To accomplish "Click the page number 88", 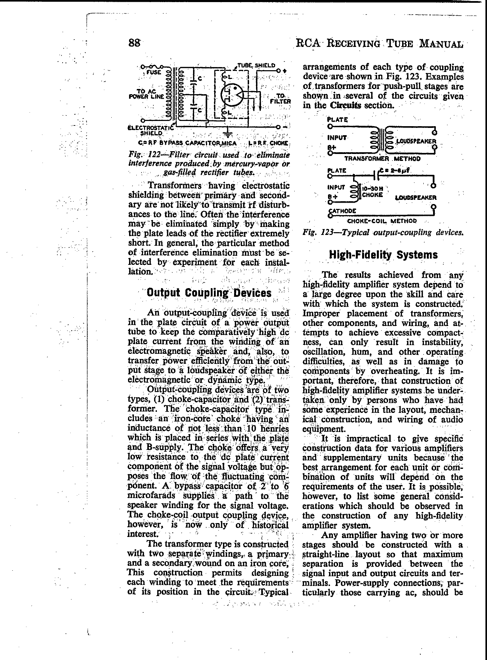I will [134, 43].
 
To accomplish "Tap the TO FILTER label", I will [282, 98].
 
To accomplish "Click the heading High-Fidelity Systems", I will [383, 255].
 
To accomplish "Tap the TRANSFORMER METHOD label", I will [382, 159].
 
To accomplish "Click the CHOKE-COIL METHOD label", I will [382, 221].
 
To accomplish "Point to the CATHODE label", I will [342, 211].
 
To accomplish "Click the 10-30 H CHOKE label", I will [373, 192].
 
